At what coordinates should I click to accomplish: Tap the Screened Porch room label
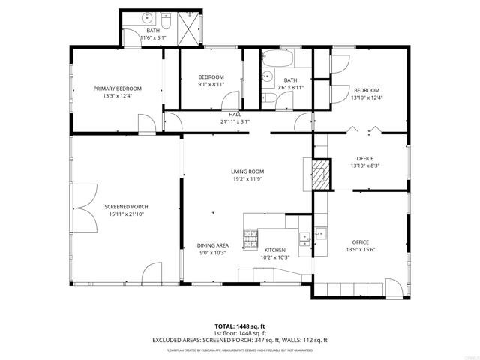(126, 207)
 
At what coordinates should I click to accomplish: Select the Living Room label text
(247, 172)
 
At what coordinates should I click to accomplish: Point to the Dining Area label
(213, 245)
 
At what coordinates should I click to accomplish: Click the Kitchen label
(275, 249)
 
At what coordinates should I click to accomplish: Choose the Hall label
(235, 114)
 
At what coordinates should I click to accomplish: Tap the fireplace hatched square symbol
(321, 172)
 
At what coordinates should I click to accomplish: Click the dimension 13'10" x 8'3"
(365, 166)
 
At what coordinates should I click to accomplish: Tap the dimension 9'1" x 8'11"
(211, 85)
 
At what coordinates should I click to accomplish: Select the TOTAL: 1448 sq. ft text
(239, 326)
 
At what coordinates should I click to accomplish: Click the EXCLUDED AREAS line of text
(239, 339)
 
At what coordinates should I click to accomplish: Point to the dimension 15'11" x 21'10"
(126, 215)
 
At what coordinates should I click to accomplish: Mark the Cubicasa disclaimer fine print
(239, 349)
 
